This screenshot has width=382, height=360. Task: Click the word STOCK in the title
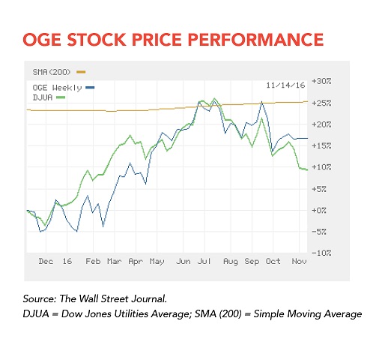(x=97, y=40)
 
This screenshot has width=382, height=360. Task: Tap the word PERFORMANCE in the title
(x=255, y=40)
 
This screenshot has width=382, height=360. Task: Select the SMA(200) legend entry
(x=59, y=72)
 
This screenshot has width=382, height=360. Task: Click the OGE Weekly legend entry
(x=64, y=88)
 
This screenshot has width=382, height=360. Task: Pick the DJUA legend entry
(x=49, y=97)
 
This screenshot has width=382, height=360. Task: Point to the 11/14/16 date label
(x=285, y=85)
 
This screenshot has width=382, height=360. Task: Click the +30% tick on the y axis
(x=321, y=81)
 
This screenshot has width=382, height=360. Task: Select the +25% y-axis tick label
(x=321, y=103)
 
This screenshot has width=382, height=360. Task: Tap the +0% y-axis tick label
(x=319, y=210)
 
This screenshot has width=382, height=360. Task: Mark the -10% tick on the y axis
(x=321, y=253)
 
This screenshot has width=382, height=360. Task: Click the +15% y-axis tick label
(x=321, y=145)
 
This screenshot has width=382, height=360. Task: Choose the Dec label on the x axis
(x=46, y=262)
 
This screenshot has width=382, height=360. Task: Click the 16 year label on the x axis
(x=67, y=262)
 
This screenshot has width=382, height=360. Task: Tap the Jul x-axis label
(x=204, y=262)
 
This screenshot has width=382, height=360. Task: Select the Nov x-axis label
(x=299, y=262)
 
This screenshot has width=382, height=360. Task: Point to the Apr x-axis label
(x=136, y=262)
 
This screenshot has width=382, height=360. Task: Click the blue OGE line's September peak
(x=261, y=102)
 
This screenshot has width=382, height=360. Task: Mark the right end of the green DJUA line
(x=307, y=169)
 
